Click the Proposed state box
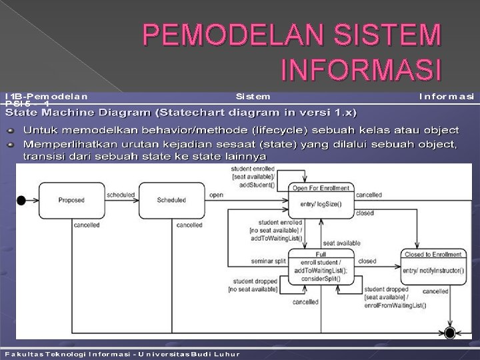71,200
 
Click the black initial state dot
21,199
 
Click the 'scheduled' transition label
120,195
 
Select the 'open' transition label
217,195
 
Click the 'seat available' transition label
341,243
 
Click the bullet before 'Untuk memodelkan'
11,129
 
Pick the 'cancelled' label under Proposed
87,225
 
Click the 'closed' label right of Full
367,261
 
